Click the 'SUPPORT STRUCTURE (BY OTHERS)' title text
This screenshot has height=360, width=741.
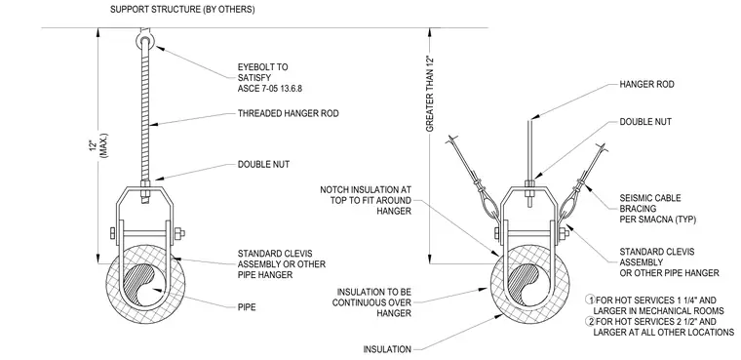click(x=182, y=10)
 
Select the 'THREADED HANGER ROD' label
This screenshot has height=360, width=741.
click(x=289, y=113)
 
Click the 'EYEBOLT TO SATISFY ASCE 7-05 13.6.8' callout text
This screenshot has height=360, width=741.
click(x=269, y=78)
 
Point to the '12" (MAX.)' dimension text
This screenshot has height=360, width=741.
click(x=98, y=144)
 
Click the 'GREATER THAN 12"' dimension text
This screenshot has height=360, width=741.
click(x=430, y=94)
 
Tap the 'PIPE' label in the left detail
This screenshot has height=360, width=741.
click(x=247, y=307)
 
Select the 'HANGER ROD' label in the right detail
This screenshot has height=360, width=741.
click(x=647, y=85)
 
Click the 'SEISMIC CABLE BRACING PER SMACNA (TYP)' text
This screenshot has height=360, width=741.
click(x=658, y=209)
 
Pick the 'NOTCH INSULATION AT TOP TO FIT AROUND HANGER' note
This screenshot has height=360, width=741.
click(x=366, y=201)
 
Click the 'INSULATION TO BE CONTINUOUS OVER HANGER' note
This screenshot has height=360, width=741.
click(x=371, y=302)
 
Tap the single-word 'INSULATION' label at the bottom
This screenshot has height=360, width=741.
click(x=387, y=349)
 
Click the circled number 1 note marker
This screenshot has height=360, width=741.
click(x=590, y=300)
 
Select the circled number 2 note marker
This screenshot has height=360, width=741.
click(x=590, y=322)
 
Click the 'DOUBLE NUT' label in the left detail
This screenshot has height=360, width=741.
click(x=263, y=165)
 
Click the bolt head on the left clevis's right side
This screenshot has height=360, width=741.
click(x=179, y=233)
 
